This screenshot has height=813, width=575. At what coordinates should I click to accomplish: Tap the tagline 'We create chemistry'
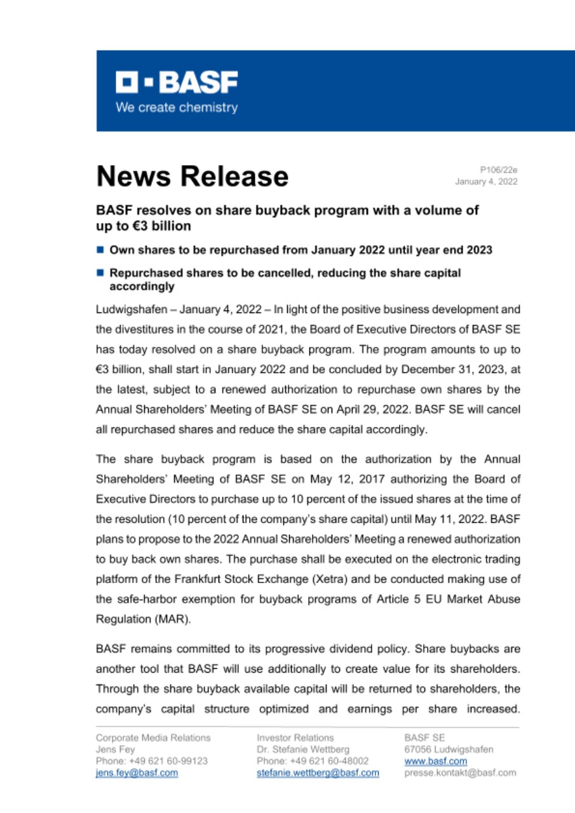pos(176,107)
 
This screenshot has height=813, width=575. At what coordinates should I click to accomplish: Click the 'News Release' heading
pos(192,176)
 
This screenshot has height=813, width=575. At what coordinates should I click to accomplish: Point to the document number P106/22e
pos(499,170)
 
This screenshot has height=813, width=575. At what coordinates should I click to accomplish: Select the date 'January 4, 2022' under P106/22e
pos(486,182)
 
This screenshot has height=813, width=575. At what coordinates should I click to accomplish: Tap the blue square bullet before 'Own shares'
pos(100,250)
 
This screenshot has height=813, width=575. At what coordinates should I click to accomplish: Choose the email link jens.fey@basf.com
pos(137,773)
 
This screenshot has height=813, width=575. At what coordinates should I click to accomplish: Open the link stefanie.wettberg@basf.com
pos(318,773)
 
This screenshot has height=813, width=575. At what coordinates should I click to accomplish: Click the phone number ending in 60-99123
pos(151,761)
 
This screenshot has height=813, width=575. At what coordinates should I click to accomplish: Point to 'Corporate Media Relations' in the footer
pos(153,738)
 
